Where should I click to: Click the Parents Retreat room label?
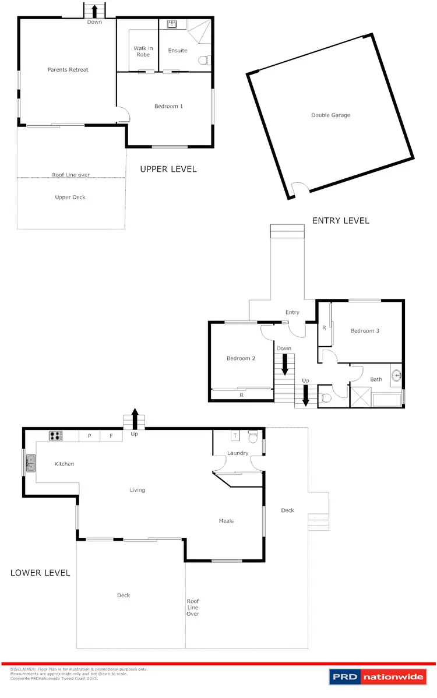68,70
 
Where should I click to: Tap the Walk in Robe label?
143,51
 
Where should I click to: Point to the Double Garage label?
330,115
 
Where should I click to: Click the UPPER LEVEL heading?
168,169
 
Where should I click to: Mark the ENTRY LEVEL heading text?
340,220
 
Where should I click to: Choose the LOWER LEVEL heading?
40,573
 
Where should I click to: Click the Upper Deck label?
70,198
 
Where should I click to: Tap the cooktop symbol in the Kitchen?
55,435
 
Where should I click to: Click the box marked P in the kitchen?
90,436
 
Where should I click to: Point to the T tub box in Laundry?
235,435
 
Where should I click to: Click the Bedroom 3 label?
365,331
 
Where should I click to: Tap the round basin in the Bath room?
396,375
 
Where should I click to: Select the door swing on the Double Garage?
298,190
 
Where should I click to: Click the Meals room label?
226,521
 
